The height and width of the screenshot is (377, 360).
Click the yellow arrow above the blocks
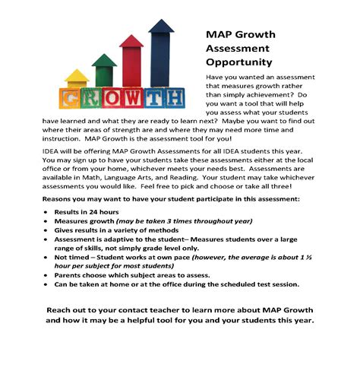[x=77, y=79]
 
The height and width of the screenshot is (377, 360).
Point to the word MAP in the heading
[x=220, y=34]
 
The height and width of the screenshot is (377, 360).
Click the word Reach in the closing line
[x=64, y=312]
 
